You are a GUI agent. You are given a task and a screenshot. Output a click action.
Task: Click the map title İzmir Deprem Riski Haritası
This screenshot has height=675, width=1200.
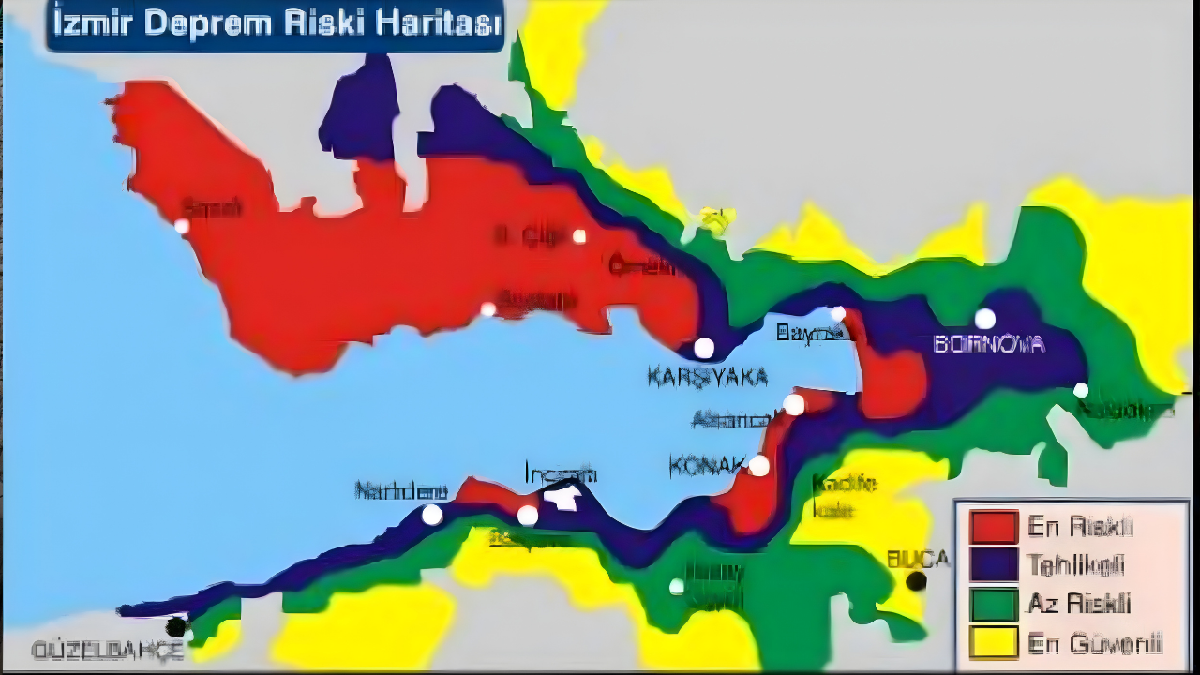point(275,25)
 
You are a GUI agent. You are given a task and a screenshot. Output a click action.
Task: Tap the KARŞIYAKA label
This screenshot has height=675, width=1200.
point(707,377)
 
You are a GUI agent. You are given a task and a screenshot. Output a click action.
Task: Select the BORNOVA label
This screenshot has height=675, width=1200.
point(989,344)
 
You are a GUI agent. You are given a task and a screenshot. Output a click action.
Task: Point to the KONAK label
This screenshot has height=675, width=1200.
point(707,464)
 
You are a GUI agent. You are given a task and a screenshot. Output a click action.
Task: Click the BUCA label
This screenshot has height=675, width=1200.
point(918,560)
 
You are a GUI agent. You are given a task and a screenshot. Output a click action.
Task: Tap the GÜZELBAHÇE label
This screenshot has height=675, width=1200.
point(108,651)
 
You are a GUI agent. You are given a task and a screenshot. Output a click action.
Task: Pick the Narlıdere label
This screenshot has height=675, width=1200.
point(401,491)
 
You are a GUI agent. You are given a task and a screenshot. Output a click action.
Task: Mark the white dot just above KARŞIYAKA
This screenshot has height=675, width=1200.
point(704,348)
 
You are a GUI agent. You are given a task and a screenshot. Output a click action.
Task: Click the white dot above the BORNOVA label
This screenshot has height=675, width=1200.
point(984,319)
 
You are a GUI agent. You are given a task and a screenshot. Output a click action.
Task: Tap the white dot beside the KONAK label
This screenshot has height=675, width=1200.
point(758,466)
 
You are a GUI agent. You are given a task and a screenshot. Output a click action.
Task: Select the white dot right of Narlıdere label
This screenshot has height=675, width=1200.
point(432,515)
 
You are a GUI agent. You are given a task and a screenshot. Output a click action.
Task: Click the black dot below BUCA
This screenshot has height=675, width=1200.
point(916,581)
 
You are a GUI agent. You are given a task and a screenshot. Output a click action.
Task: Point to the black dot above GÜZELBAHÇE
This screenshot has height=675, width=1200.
point(175,626)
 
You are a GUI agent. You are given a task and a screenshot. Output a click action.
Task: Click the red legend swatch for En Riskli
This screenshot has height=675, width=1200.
point(994,527)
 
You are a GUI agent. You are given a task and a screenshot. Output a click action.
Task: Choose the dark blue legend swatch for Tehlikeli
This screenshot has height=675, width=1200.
point(994,565)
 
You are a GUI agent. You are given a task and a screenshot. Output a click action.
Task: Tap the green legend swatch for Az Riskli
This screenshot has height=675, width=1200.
point(994,604)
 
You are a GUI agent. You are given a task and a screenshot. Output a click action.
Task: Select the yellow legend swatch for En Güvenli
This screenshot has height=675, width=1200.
point(994,642)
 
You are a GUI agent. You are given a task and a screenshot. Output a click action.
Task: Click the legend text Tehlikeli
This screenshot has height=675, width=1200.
point(1075,565)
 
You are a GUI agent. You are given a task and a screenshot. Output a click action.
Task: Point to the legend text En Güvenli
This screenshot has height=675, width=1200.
point(1094,643)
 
